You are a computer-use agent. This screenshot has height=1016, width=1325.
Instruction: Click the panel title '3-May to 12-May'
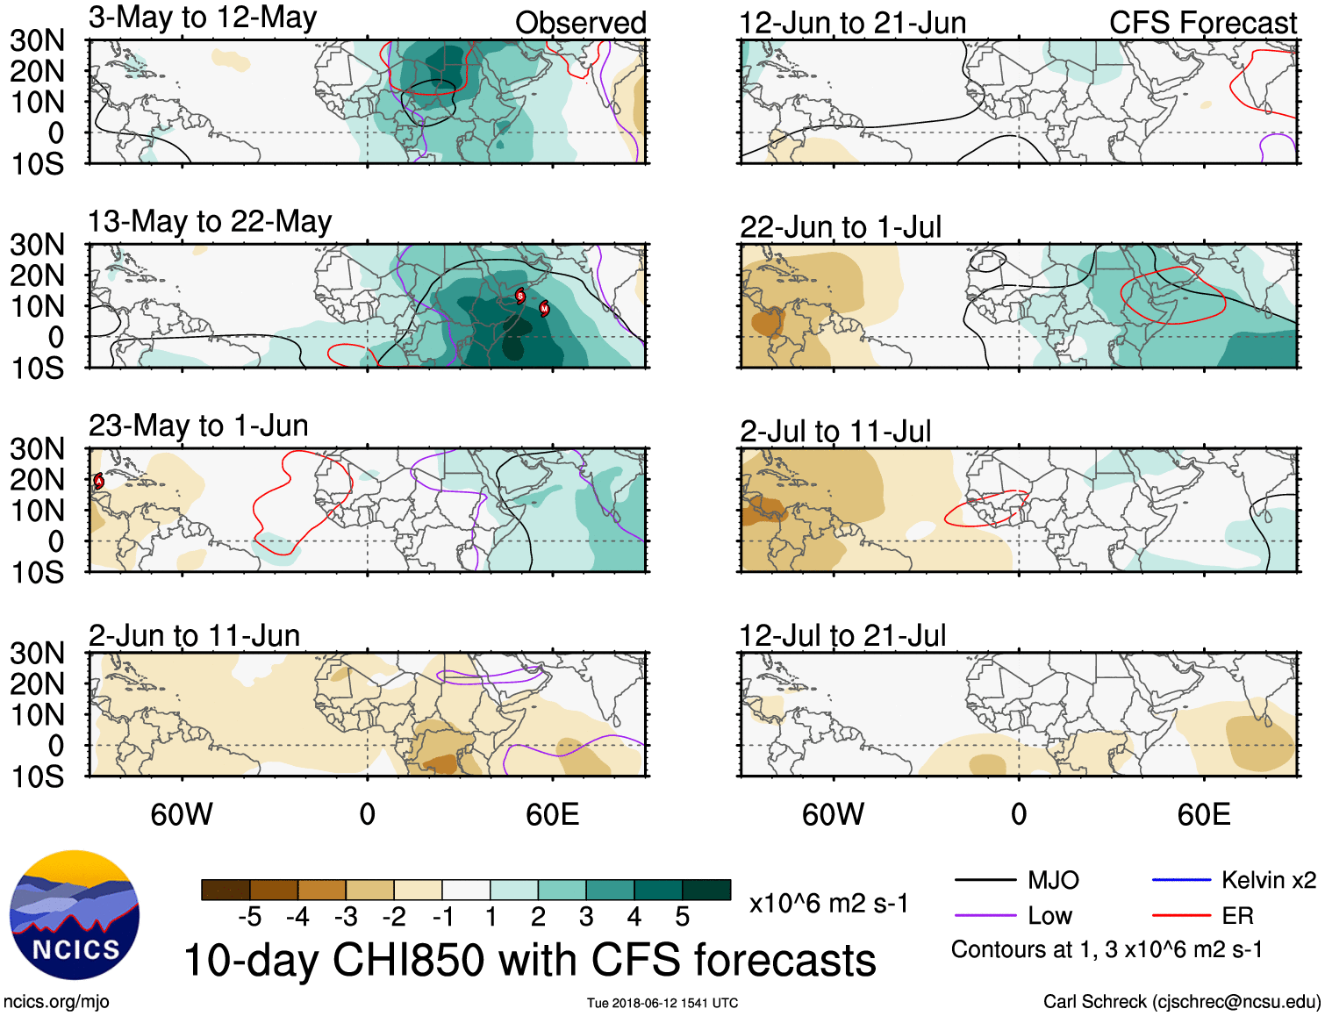tap(203, 18)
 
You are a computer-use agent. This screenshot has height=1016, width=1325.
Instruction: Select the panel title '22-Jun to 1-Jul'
tap(840, 227)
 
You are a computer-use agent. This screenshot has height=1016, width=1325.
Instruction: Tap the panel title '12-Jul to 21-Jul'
tap(842, 636)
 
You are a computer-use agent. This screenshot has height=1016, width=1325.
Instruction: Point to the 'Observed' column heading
tap(580, 23)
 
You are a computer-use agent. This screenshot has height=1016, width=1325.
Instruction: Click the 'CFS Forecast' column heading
tap(1202, 23)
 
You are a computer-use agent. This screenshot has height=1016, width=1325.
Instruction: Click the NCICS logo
tap(75, 915)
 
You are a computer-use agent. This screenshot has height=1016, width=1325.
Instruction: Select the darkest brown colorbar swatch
tap(225, 890)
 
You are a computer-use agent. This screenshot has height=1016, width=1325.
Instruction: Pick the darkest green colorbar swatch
tap(706, 890)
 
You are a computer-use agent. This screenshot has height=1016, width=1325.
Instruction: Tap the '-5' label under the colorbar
tap(249, 917)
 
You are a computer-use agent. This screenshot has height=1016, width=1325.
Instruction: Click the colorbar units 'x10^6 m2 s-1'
tap(828, 904)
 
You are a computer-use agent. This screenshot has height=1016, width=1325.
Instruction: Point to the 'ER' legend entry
tap(1237, 916)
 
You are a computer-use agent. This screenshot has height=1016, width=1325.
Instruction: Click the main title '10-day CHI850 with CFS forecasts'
tap(529, 960)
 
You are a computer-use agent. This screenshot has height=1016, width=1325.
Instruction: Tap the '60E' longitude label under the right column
tap(1203, 815)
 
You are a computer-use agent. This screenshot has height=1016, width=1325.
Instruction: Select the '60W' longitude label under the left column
tap(182, 815)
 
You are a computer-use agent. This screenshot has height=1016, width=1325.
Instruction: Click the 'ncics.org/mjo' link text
tap(56, 1002)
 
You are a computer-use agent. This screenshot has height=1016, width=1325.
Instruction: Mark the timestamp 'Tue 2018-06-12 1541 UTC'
tap(662, 1003)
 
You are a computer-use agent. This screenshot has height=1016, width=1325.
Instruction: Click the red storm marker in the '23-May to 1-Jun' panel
tap(99, 481)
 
